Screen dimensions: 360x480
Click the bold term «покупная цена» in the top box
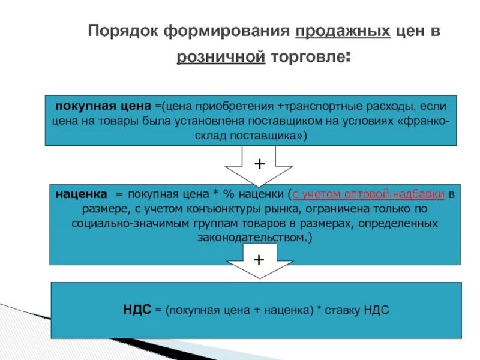103,106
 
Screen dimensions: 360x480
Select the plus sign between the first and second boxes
259,164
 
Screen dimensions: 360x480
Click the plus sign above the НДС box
259,260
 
